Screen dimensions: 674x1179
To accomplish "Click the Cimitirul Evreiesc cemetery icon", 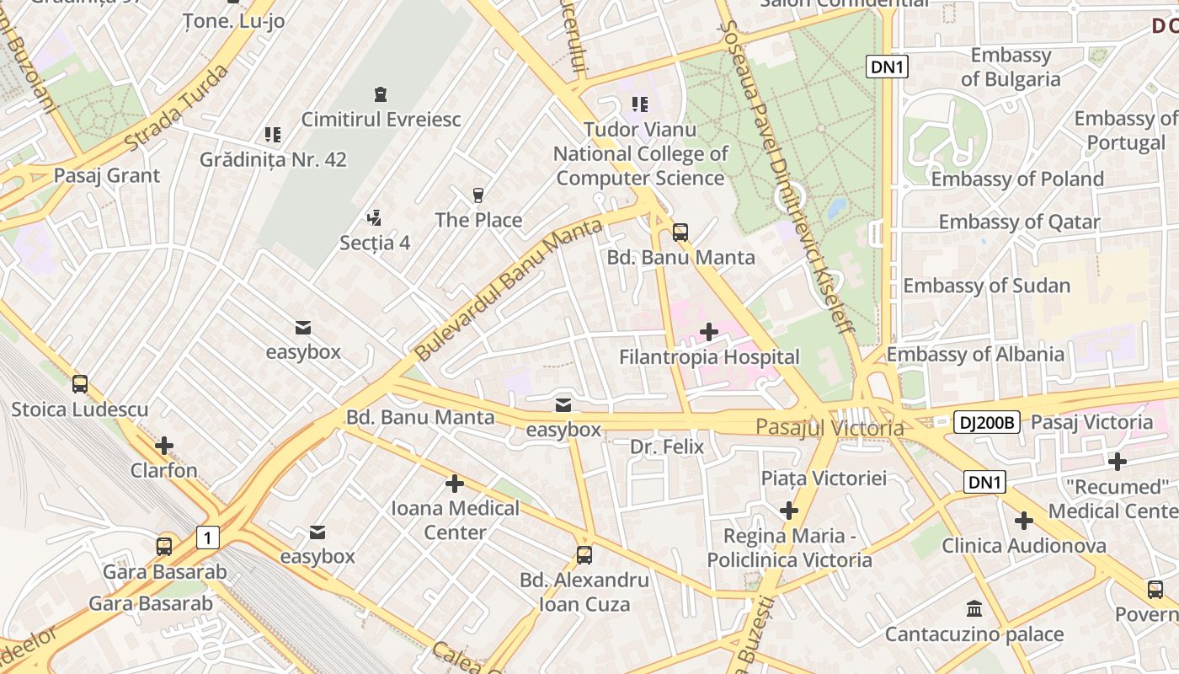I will pyautogui.click(x=381, y=94).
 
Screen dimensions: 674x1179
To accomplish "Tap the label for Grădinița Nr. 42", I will pyautogui.click(x=273, y=159).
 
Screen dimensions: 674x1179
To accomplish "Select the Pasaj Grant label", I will pyautogui.click(x=106, y=175).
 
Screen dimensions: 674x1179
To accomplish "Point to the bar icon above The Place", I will pyautogui.click(x=478, y=195).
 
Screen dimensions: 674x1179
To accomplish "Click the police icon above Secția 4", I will pyautogui.click(x=375, y=218).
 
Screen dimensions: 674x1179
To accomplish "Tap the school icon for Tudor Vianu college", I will pyautogui.click(x=640, y=104).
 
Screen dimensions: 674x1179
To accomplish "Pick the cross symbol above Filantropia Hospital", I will pyautogui.click(x=709, y=332).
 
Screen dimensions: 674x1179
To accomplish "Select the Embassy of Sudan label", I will pyautogui.click(x=986, y=286).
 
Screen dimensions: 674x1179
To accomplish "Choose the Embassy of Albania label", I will pyautogui.click(x=975, y=354).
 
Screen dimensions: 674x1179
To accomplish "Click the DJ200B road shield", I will pyautogui.click(x=986, y=423).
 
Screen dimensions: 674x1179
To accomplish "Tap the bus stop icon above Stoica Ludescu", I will pyautogui.click(x=80, y=384).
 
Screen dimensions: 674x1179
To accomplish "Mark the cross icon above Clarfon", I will pyautogui.click(x=164, y=445).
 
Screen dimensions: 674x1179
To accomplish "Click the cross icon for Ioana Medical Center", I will pyautogui.click(x=455, y=484).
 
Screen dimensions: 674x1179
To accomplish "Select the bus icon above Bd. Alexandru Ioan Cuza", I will pyautogui.click(x=584, y=555).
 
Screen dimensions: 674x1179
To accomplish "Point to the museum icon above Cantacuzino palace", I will pyautogui.click(x=974, y=608).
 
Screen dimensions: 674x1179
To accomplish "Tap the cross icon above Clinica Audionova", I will pyautogui.click(x=1024, y=521).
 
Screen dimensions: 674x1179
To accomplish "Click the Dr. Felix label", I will pyautogui.click(x=666, y=447).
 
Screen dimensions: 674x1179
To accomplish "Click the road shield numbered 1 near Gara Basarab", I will pyautogui.click(x=208, y=537).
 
